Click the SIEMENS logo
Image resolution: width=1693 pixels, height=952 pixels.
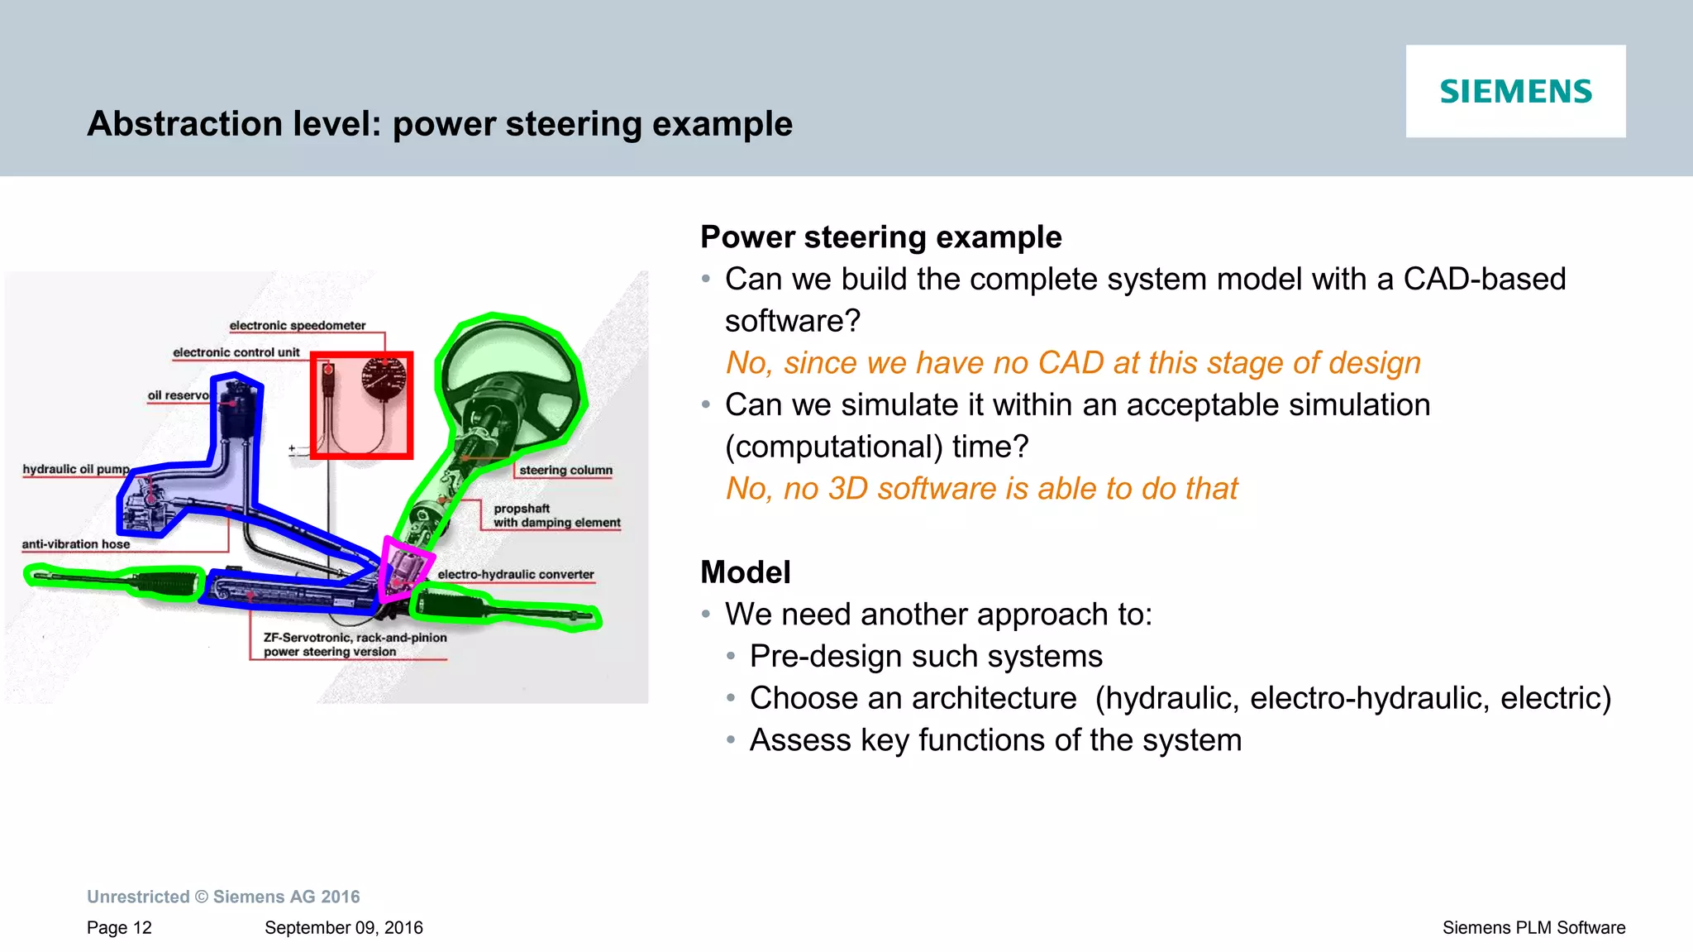[x=1515, y=91]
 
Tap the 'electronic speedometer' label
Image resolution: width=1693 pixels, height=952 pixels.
[x=297, y=326]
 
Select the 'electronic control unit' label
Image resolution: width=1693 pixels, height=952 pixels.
[x=236, y=352]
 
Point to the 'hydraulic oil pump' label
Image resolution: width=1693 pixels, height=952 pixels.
[x=75, y=469]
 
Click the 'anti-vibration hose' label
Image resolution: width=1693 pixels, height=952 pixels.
[x=75, y=544]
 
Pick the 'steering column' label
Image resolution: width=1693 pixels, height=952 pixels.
[x=565, y=470]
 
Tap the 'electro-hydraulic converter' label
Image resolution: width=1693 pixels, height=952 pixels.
[x=516, y=574]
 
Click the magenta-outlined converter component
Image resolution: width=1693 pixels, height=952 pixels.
[x=403, y=568]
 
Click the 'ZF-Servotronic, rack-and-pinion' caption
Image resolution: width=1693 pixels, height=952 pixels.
[x=355, y=638]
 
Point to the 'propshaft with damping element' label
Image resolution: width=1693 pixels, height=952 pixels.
[x=556, y=515]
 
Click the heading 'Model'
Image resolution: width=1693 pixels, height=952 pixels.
[x=745, y=572]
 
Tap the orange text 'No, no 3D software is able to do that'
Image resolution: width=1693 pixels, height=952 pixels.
[x=981, y=489]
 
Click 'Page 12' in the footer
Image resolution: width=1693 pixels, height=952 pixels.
[x=119, y=927]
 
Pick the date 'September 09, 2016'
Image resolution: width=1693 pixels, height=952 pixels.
[x=343, y=927]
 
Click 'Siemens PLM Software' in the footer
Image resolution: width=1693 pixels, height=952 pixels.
[x=1533, y=927]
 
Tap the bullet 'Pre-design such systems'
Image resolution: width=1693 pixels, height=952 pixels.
[x=925, y=657]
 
